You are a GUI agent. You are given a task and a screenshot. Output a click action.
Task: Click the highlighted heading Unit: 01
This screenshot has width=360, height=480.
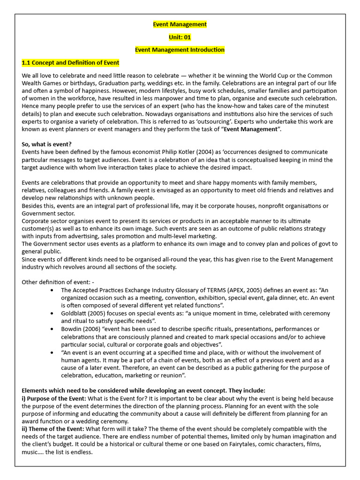pyautogui.click(x=180, y=37)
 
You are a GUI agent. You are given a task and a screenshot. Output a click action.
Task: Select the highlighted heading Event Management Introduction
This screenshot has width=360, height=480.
pyautogui.click(x=180, y=50)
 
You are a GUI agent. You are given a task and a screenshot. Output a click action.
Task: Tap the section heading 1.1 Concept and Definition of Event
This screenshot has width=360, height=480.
pyautogui.click(x=70, y=62)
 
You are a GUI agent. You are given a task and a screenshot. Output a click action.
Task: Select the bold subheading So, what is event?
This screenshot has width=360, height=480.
pyautogui.click(x=46, y=144)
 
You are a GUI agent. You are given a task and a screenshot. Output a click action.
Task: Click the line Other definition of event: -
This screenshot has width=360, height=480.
pyautogui.click(x=58, y=282)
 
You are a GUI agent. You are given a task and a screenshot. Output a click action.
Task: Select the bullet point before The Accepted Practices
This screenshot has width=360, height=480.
pyautogui.click(x=52, y=290)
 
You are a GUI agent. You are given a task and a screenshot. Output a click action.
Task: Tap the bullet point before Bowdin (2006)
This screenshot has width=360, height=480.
pyautogui.click(x=52, y=329)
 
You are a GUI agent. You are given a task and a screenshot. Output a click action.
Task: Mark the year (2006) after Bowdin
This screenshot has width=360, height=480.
pyautogui.click(x=92, y=329)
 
